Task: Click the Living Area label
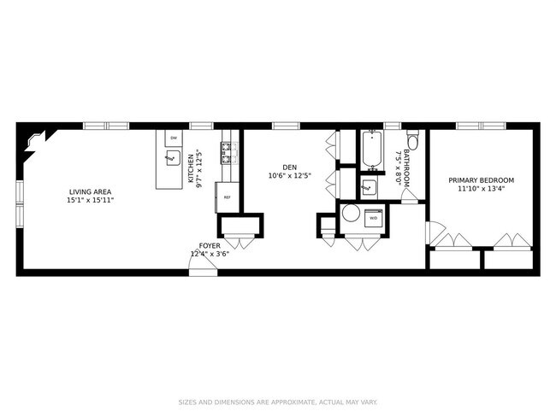[90, 192]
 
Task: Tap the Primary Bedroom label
[482, 180]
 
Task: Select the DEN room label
[290, 167]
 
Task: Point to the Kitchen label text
[191, 168]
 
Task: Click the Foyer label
[210, 245]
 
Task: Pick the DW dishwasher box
[174, 138]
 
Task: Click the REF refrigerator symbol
[228, 197]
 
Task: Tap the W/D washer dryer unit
[374, 218]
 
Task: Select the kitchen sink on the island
[174, 158]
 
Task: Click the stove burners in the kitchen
[226, 153]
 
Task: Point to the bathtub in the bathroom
[372, 150]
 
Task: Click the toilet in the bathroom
[412, 139]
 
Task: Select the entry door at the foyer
[203, 261]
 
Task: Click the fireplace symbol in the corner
[34, 142]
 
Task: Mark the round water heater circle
[351, 214]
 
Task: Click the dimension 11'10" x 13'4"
[482, 189]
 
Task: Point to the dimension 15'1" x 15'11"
[90, 200]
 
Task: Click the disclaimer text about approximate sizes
[278, 402]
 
